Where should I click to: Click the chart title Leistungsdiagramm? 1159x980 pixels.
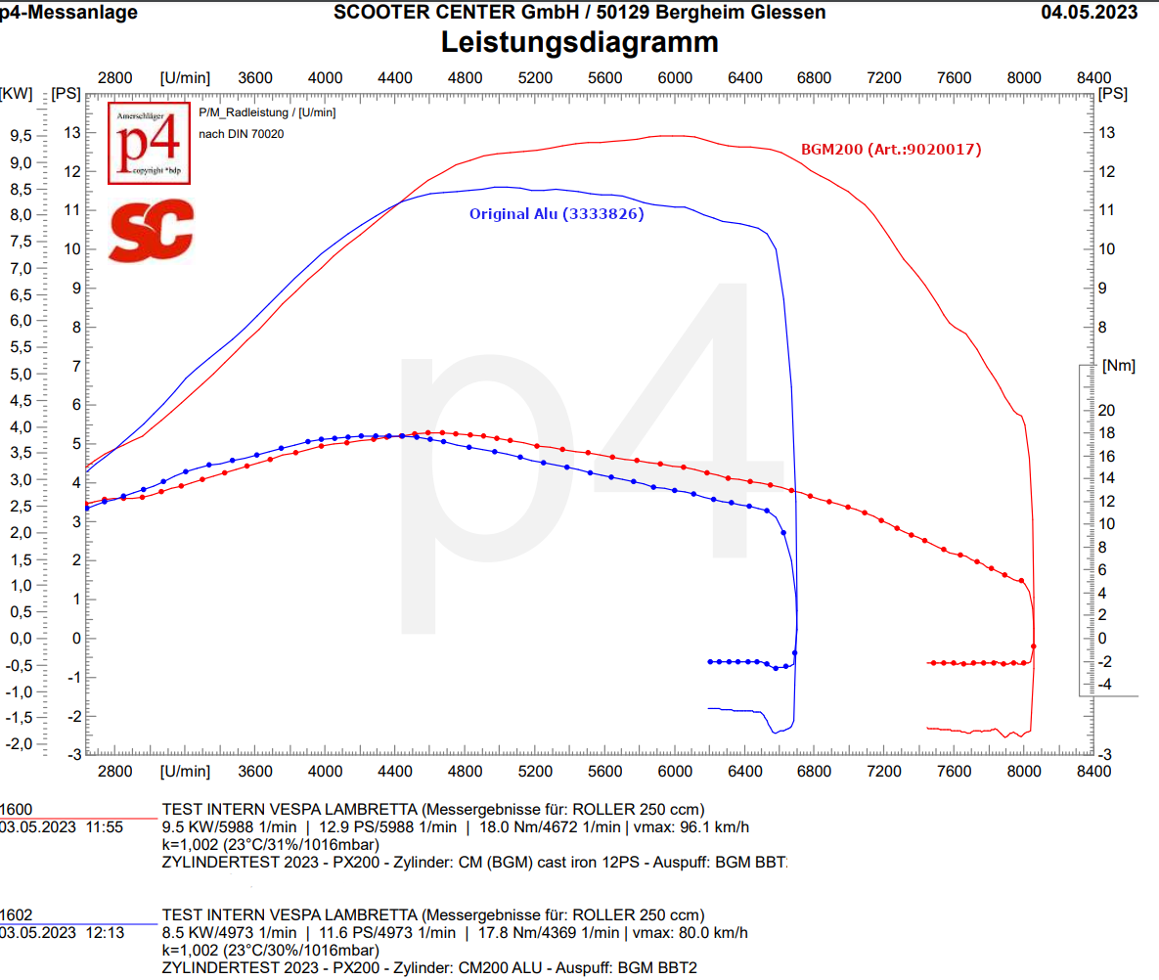pyautogui.click(x=579, y=42)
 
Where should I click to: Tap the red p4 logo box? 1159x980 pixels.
pyautogui.click(x=150, y=143)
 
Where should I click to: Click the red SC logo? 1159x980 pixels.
pyautogui.click(x=151, y=231)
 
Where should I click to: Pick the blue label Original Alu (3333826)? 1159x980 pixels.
pyautogui.click(x=557, y=214)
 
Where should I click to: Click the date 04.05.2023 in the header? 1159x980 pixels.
pyautogui.click(x=1089, y=12)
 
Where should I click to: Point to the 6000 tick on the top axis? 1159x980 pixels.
pyautogui.click(x=675, y=78)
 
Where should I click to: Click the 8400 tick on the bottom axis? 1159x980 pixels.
pyautogui.click(x=1093, y=771)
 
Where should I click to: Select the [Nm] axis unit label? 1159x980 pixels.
pyautogui.click(x=1118, y=366)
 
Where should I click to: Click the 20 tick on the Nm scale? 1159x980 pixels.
pyautogui.click(x=1106, y=410)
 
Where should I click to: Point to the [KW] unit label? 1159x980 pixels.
pyautogui.click(x=17, y=94)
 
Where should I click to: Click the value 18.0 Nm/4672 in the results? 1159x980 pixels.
pyautogui.click(x=548, y=826)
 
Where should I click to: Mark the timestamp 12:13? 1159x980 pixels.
pyautogui.click(x=105, y=933)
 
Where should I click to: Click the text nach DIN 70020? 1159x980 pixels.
pyautogui.click(x=242, y=134)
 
